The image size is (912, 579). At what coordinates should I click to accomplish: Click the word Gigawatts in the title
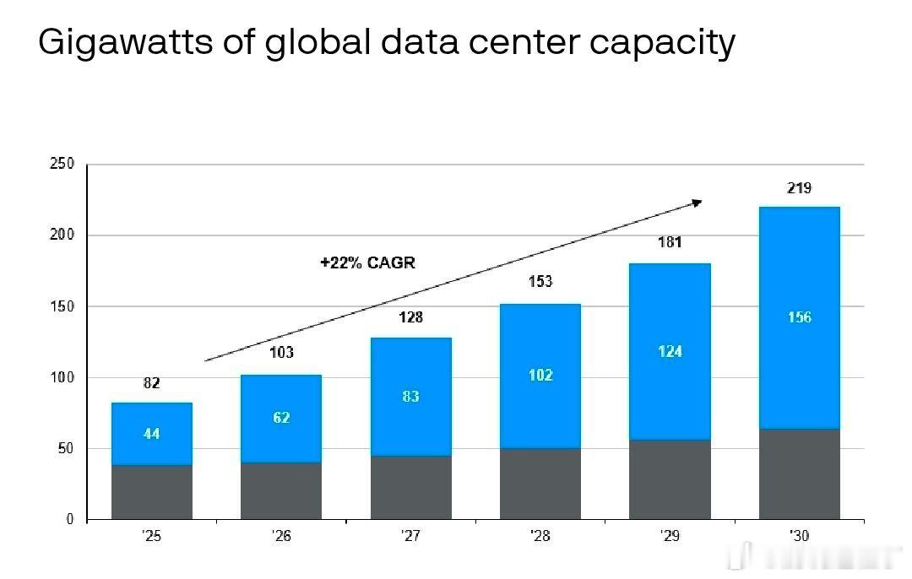(126, 43)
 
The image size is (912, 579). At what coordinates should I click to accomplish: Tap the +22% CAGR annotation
(367, 262)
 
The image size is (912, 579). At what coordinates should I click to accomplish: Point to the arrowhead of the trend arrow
(697, 203)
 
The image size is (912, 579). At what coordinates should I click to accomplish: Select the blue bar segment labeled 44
(152, 434)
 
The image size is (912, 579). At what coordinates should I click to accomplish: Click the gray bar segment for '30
(799, 473)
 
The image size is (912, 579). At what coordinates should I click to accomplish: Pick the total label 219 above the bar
(799, 187)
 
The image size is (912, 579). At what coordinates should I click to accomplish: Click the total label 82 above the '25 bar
(151, 383)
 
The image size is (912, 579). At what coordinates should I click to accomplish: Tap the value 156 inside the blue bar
(799, 317)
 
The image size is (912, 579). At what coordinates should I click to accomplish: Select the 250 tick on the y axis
(62, 164)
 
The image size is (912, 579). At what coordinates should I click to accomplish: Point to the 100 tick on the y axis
(62, 378)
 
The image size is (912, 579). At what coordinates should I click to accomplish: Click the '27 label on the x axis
(410, 536)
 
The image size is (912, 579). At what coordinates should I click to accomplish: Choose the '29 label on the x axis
(670, 536)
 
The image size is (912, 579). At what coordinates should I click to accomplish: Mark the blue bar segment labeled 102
(540, 376)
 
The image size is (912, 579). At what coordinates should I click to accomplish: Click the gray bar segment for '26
(281, 490)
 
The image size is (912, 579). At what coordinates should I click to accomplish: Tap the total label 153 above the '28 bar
(540, 281)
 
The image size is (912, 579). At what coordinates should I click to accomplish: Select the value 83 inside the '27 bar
(410, 397)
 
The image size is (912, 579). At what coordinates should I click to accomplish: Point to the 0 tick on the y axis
(70, 519)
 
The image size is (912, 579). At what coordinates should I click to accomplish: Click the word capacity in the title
(663, 43)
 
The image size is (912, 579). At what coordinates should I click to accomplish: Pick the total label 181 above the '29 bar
(670, 242)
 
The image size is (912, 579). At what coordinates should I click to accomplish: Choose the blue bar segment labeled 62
(281, 419)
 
